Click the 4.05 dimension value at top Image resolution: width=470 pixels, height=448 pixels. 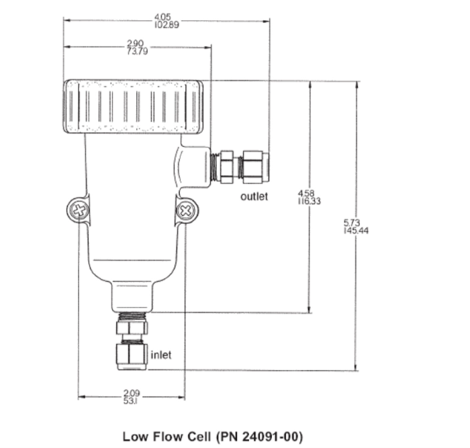click(x=162, y=17)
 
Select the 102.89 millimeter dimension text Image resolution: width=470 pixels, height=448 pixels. click(x=167, y=25)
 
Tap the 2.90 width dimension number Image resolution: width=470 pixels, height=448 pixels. click(x=135, y=44)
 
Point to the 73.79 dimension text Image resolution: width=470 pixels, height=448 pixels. click(x=137, y=51)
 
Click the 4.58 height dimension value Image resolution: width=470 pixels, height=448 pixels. click(x=305, y=193)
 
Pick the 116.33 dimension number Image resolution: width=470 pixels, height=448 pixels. click(x=309, y=201)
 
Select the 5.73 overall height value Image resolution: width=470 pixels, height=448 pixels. click(x=351, y=223)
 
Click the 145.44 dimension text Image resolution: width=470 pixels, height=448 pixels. click(x=356, y=231)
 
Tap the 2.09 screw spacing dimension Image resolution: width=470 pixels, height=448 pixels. click(x=132, y=393)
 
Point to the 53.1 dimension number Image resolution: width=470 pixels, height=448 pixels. click(x=130, y=400)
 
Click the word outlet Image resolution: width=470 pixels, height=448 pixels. click(x=254, y=197)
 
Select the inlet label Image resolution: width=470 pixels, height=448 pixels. click(x=161, y=355)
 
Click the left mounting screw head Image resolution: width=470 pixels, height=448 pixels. click(x=79, y=210)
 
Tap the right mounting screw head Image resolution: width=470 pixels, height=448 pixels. click(x=186, y=211)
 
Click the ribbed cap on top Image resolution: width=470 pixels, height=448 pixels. click(x=133, y=107)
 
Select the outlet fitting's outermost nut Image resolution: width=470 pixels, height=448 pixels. click(x=256, y=167)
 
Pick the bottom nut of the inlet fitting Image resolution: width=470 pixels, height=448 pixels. click(x=132, y=356)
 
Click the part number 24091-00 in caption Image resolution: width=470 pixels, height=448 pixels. click(x=269, y=437)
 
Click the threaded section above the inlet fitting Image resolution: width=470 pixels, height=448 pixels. click(x=132, y=317)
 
